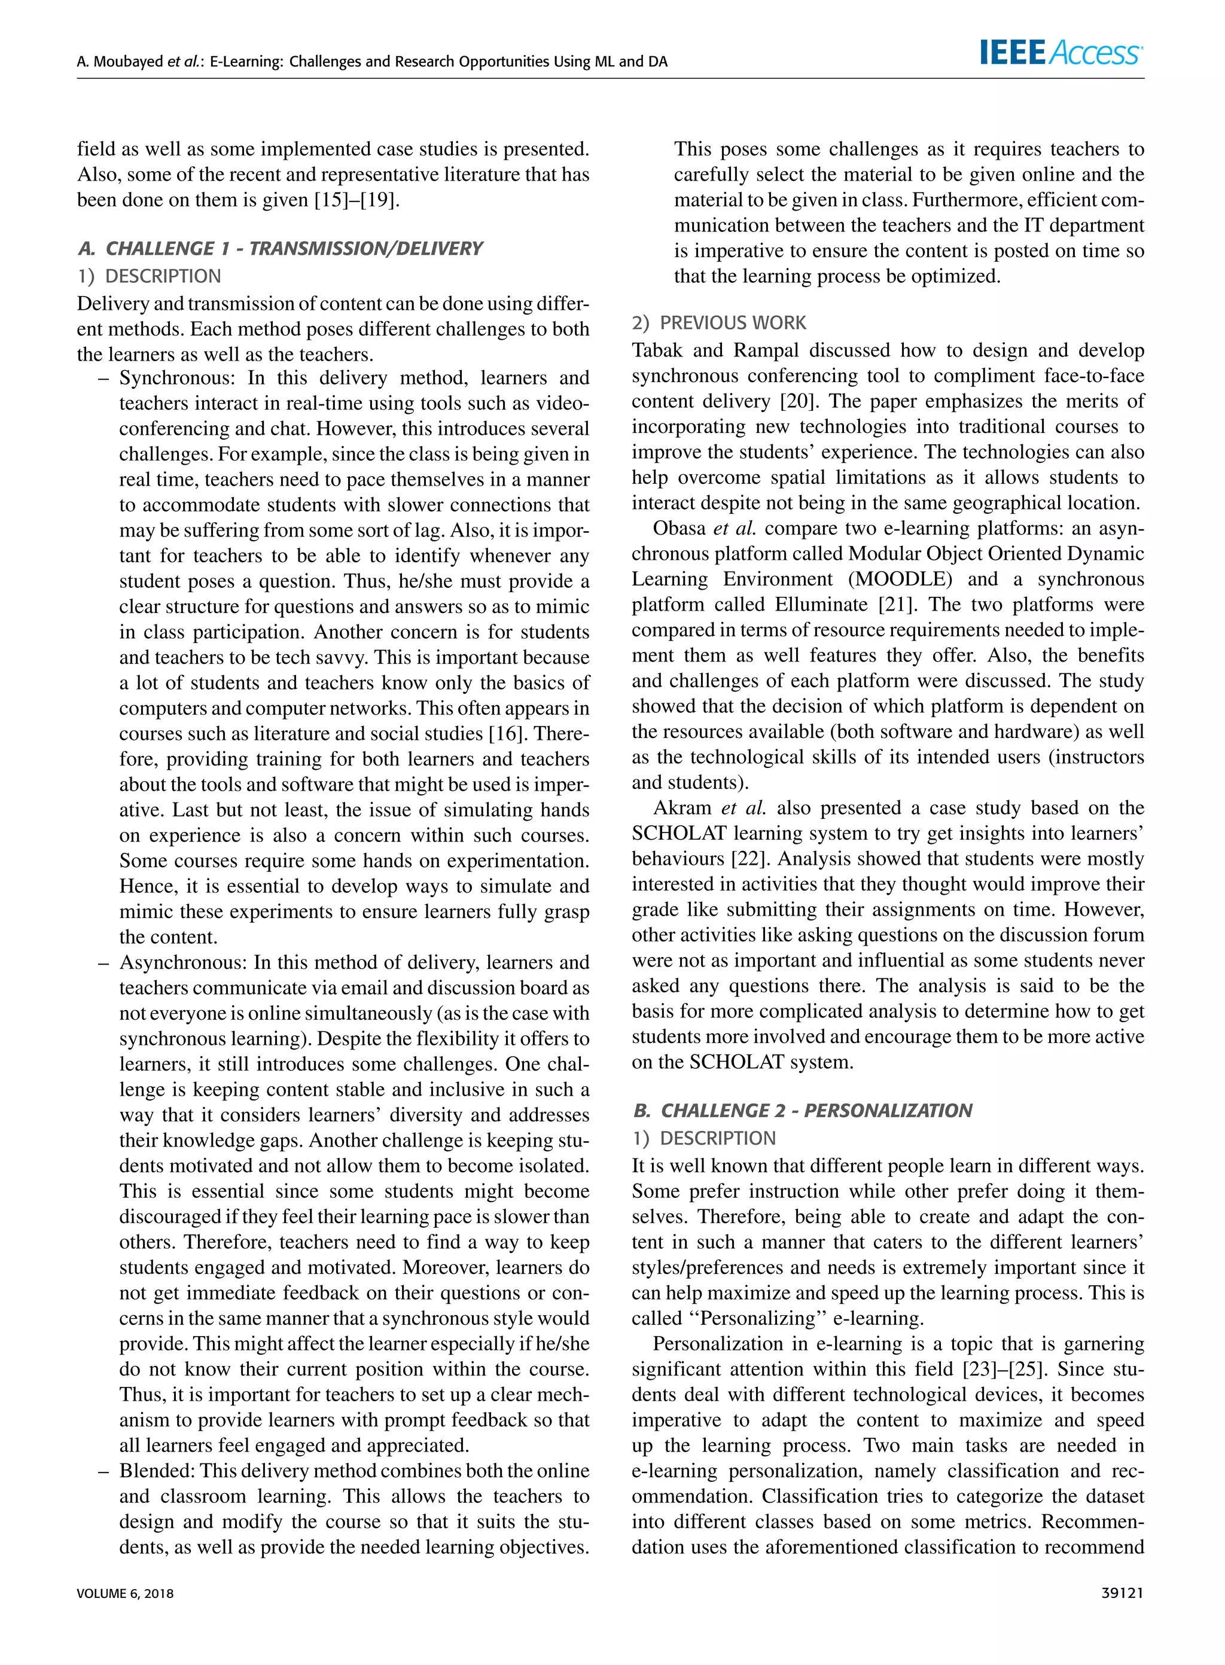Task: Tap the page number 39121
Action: point(1123,1593)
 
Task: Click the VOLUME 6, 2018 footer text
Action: point(126,1594)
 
